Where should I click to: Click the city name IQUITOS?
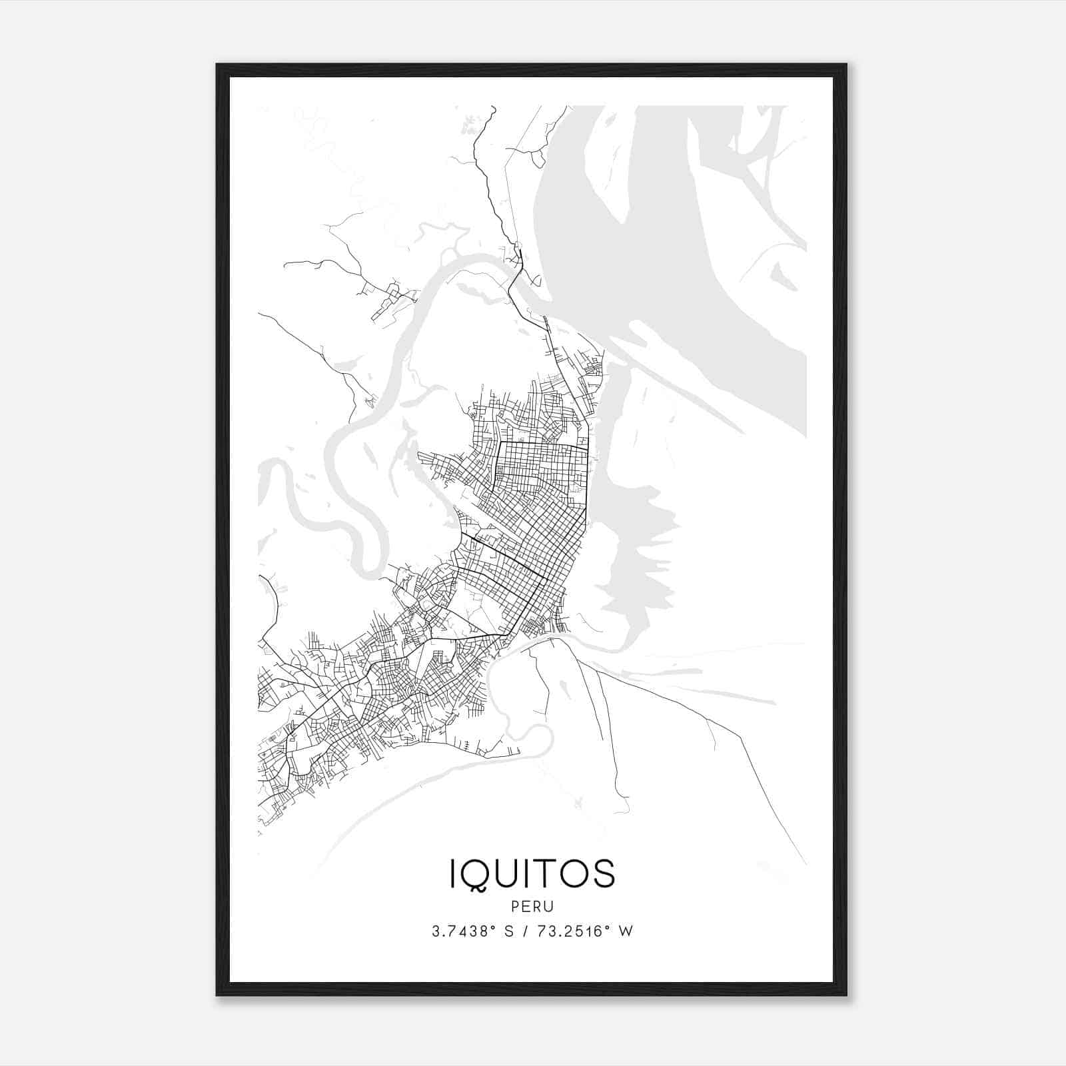pos(532,873)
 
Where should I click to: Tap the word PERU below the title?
pos(532,907)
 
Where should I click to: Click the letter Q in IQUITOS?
pos(480,874)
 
